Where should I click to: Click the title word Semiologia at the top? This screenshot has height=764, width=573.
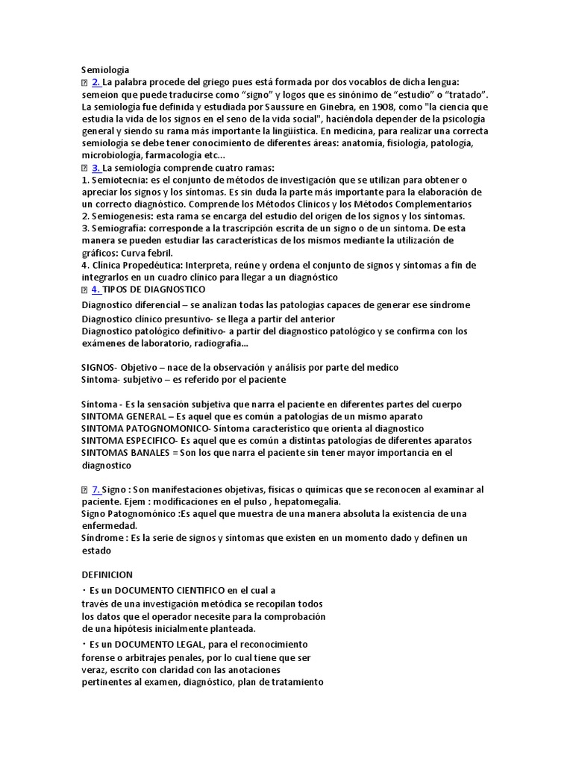pos(105,70)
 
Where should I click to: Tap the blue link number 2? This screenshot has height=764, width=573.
pos(96,82)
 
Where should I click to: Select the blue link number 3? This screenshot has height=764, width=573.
pos(96,168)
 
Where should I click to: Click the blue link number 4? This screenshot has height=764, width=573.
pos(96,289)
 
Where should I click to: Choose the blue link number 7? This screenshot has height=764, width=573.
pos(96,489)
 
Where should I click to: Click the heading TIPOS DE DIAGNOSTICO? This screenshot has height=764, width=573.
pos(154,289)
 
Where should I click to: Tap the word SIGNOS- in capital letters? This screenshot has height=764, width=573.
pos(99,367)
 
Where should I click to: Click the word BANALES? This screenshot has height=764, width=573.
pos(148,453)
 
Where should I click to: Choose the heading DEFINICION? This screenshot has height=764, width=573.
pos(107,574)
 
